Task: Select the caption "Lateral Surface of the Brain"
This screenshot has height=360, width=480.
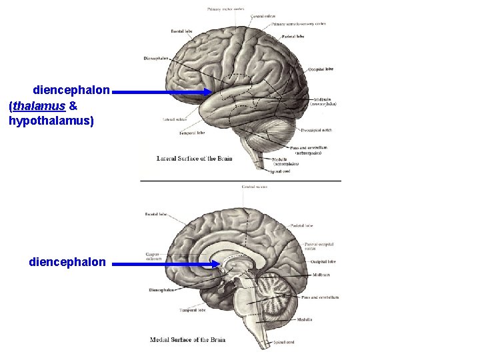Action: point(195,159)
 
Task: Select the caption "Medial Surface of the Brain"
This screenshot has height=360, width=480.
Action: point(188,340)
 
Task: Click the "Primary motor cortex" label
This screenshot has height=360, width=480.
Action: point(225,9)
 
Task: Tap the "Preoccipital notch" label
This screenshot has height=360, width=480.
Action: point(317,130)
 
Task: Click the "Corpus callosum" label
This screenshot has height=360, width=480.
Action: point(153,257)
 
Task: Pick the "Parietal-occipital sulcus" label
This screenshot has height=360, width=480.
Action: point(319,247)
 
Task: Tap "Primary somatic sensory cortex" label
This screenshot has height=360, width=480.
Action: point(298,24)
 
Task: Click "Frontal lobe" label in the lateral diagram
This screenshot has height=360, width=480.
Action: point(182,31)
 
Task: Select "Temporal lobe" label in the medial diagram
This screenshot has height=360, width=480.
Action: point(191,310)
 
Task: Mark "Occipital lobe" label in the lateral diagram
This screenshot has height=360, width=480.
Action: point(321,69)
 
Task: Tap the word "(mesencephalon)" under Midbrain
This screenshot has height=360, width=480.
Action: point(323,104)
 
